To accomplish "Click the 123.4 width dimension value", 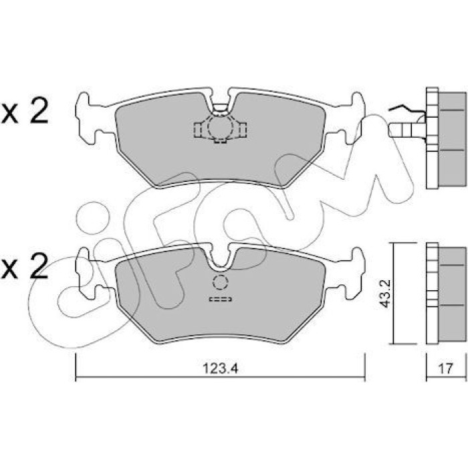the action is [x=220, y=368].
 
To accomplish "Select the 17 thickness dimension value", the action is [x=445, y=368].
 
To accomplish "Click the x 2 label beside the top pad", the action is [x=25, y=111].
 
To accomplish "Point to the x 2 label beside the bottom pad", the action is [x=25, y=266].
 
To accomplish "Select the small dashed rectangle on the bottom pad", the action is [x=220, y=299].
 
